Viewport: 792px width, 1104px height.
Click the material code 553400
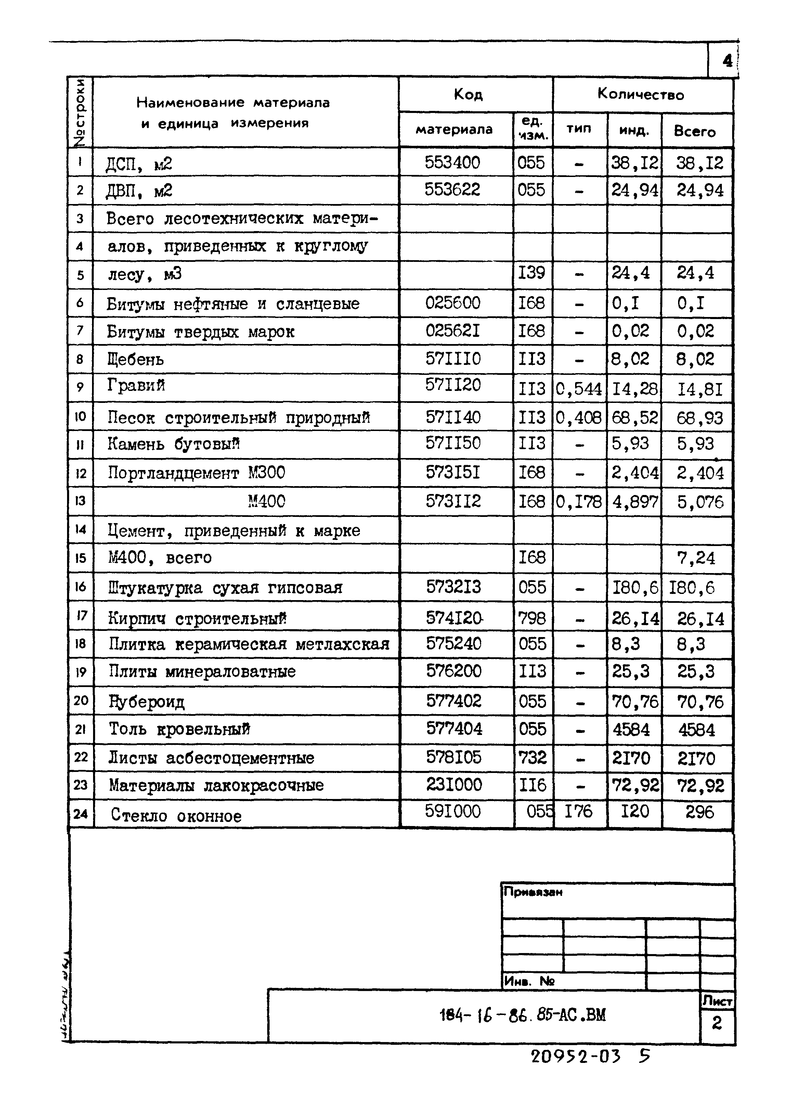[452, 162]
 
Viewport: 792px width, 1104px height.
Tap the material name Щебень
[135, 360]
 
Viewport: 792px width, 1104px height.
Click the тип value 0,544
[579, 389]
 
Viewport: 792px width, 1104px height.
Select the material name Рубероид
[146, 701]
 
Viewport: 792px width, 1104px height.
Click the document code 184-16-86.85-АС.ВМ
[522, 1015]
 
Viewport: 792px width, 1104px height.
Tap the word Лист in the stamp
[717, 1001]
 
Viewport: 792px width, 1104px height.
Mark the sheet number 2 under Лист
[717, 1023]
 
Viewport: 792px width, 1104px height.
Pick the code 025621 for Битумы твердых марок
[452, 331]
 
